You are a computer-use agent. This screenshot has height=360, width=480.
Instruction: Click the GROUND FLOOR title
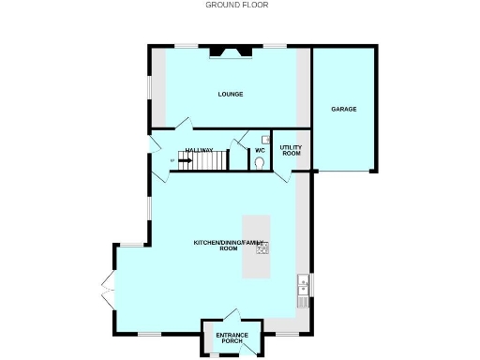(x=237, y=5)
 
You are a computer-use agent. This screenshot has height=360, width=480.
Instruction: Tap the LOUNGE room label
(x=231, y=94)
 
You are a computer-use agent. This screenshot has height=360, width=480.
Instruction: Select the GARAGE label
(x=343, y=109)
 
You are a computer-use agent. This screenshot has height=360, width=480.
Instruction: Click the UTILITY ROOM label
(x=291, y=150)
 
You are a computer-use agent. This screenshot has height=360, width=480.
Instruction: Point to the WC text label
(x=260, y=150)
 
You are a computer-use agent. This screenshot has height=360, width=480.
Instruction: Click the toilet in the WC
(x=259, y=162)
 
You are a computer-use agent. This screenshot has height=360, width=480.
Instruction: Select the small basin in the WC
(x=265, y=139)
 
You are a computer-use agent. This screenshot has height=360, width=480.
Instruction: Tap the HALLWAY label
(x=199, y=150)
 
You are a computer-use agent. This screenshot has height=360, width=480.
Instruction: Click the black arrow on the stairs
(x=184, y=160)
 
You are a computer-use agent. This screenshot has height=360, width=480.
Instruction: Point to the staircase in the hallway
(x=206, y=161)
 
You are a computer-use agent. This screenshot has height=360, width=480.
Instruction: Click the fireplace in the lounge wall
(x=230, y=51)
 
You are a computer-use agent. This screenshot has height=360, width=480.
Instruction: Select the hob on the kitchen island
(x=262, y=247)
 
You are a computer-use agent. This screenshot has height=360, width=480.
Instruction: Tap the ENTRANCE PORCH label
(x=232, y=338)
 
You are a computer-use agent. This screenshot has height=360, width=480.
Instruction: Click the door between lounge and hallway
(x=186, y=125)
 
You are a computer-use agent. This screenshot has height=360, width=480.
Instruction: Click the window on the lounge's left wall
(x=149, y=87)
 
